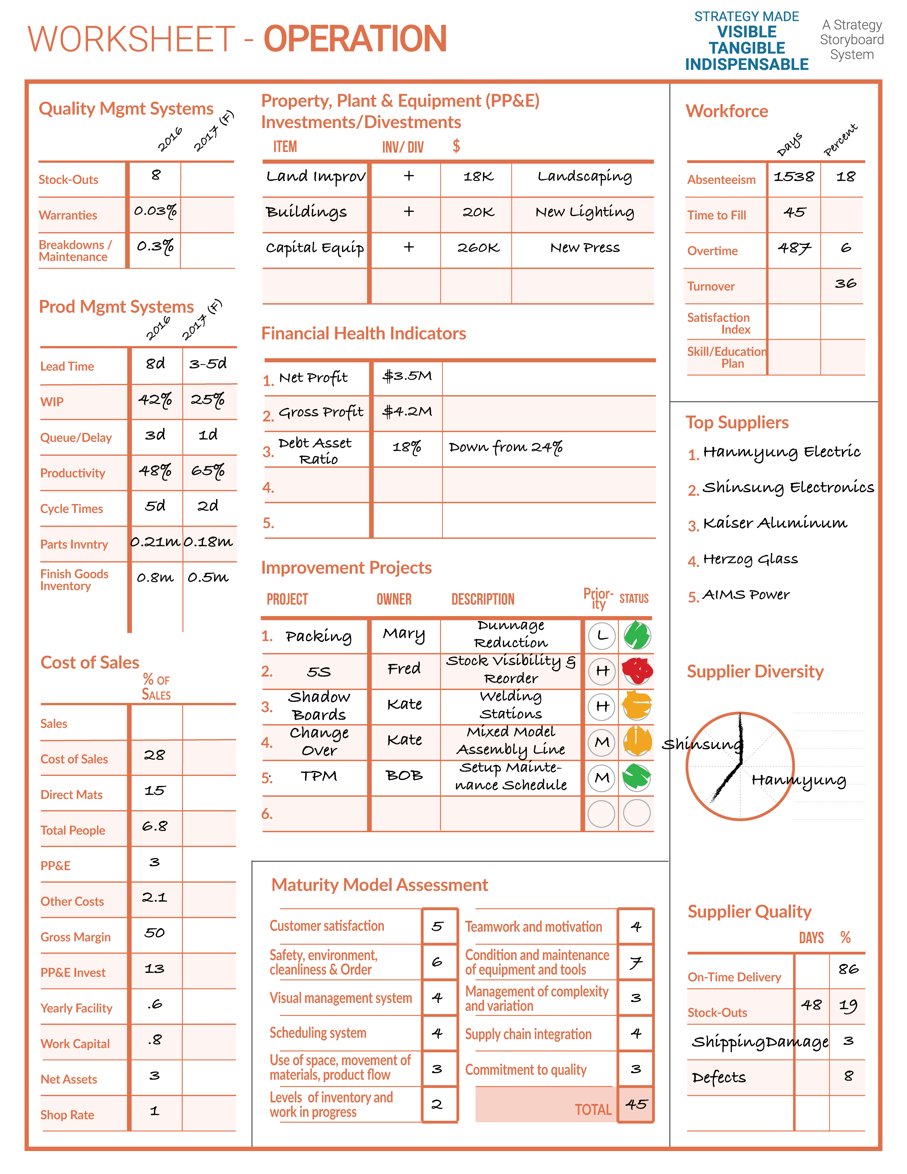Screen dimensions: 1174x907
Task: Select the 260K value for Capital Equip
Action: [478, 248]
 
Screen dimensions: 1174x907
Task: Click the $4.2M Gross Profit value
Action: [407, 412]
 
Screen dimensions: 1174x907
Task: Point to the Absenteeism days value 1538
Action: [794, 177]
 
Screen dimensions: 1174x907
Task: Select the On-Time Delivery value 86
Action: [848, 969]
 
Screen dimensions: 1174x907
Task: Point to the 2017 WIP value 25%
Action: [208, 400]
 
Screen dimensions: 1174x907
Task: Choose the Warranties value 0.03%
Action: [155, 211]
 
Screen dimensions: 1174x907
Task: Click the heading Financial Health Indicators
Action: [363, 333]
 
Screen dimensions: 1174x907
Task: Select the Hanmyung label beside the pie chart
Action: [798, 780]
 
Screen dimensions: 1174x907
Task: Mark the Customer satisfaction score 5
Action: [437, 926]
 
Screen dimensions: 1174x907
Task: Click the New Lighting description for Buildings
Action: [584, 212]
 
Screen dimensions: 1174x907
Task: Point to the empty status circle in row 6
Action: [637, 813]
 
